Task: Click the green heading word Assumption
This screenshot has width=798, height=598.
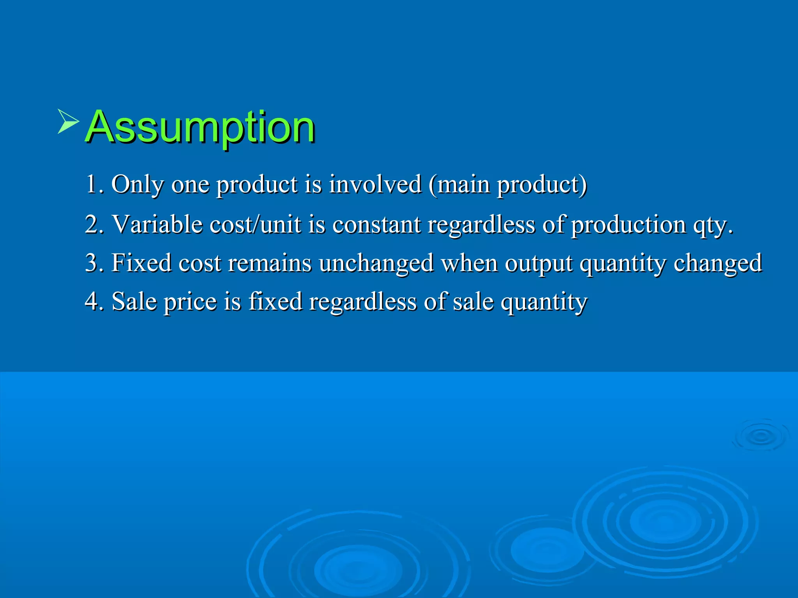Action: tap(200, 127)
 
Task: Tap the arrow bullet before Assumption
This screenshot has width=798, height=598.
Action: tap(68, 121)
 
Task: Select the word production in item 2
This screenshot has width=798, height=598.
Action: tap(628, 225)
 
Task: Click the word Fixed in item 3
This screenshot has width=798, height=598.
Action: tap(141, 262)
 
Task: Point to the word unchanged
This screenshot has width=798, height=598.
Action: tap(376, 263)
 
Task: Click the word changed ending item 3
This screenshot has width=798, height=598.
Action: tap(718, 263)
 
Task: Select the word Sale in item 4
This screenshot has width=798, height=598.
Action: tap(134, 301)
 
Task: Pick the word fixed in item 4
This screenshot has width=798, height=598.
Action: tap(275, 301)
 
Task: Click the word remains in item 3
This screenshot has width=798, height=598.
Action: tap(270, 262)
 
